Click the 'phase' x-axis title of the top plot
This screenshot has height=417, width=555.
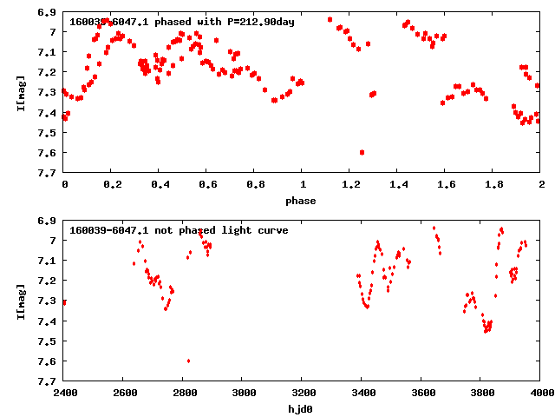[x=302, y=201]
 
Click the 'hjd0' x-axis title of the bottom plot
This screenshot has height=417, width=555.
[x=302, y=409]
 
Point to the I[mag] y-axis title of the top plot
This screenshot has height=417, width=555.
[x=20, y=92]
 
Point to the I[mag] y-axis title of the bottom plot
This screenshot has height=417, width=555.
[x=20, y=301]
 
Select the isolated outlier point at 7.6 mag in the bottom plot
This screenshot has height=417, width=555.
[x=188, y=361]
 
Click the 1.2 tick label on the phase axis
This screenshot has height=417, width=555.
[x=350, y=185]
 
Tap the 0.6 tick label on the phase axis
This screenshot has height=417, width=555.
[x=207, y=185]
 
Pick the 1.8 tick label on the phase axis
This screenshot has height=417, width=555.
[x=493, y=185]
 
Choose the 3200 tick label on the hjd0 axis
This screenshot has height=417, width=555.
[x=302, y=394]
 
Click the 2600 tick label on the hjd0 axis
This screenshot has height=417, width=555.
[x=123, y=394]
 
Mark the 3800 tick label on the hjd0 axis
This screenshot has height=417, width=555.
[x=481, y=394]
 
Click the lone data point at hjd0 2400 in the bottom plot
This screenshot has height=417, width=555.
[x=64, y=302]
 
